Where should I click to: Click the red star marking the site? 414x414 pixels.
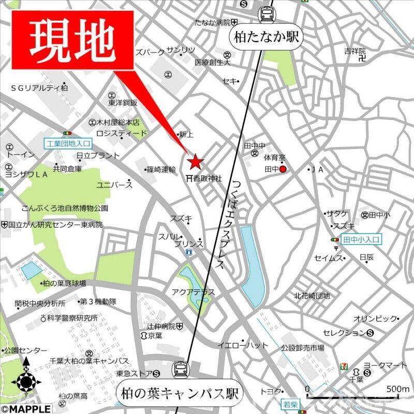tap(195, 162)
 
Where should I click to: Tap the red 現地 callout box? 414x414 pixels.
tap(72, 39)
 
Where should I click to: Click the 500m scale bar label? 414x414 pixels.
tap(398, 389)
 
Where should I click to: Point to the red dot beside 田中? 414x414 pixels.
tap(283, 169)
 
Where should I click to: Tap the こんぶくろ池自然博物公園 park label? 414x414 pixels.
tap(65, 208)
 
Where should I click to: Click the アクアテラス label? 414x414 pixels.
tap(193, 292)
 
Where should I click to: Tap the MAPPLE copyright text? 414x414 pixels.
tap(26, 409)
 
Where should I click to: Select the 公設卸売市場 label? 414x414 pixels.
tap(303, 348)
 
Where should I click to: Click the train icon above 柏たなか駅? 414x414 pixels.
tap(267, 13)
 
